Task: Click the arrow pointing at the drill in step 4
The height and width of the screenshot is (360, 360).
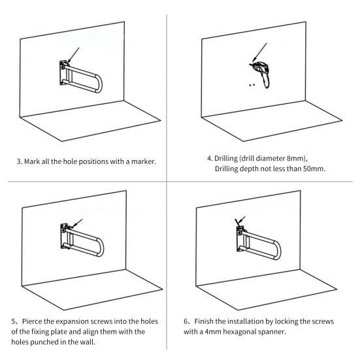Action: (x=259, y=53)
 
